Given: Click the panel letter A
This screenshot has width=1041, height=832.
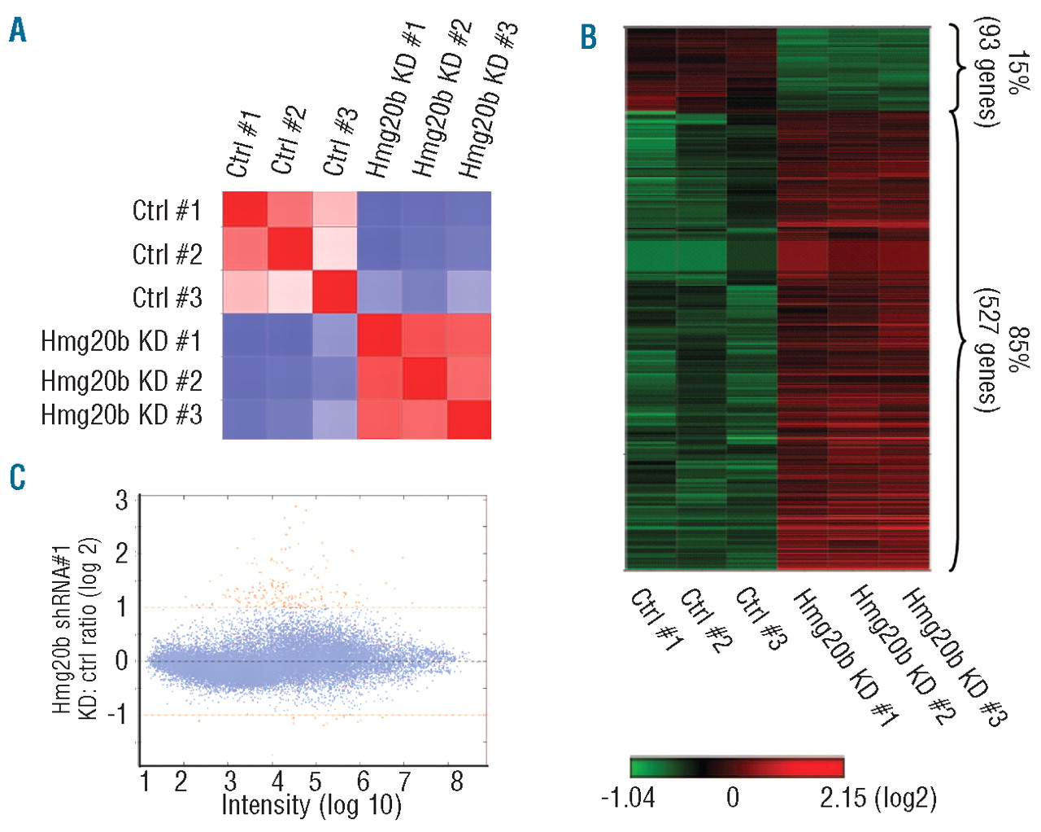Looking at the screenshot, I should click(x=17, y=31).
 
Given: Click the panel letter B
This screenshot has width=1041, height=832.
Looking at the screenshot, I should click(x=589, y=37).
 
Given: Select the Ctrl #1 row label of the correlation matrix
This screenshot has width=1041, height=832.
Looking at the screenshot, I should click(x=166, y=211).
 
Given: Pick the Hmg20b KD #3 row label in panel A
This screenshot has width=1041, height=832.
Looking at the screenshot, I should click(x=121, y=415).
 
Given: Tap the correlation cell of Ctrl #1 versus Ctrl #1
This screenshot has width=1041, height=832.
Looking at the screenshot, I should click(x=245, y=213).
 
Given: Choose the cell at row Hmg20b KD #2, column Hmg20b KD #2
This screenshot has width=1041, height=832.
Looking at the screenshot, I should click(x=424, y=379).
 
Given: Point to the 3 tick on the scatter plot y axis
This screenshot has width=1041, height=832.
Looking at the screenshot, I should click(x=122, y=500).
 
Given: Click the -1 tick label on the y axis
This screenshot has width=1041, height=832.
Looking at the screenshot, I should click(x=117, y=715).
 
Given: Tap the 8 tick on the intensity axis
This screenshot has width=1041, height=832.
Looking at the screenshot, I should click(x=456, y=782).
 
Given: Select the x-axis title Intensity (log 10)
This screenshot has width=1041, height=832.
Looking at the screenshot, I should click(x=311, y=805).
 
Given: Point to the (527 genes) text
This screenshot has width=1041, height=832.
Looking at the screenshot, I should click(x=987, y=350).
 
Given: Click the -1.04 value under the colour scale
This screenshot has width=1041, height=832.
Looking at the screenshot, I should click(x=627, y=797).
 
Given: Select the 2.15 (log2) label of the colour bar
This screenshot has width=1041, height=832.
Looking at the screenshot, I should click(x=878, y=797).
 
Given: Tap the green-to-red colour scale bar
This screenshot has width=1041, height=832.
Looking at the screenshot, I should click(x=737, y=767).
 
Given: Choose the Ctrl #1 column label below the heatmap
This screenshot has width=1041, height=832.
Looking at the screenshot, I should click(x=656, y=620).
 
